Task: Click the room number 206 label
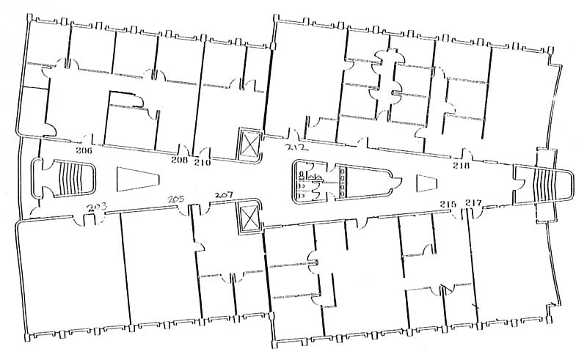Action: [84, 150]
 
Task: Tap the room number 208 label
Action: [179, 160]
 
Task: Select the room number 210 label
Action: [203, 162]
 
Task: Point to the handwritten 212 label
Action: [296, 147]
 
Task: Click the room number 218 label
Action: [461, 165]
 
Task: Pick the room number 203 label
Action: [97, 207]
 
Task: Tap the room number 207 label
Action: [223, 195]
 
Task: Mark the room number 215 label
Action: [448, 204]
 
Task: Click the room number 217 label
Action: [473, 202]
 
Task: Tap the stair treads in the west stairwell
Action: [70, 177]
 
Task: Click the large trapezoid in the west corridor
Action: [138, 179]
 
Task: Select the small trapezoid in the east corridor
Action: [427, 183]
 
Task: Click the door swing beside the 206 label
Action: [89, 138]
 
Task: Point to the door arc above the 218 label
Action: [466, 153]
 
